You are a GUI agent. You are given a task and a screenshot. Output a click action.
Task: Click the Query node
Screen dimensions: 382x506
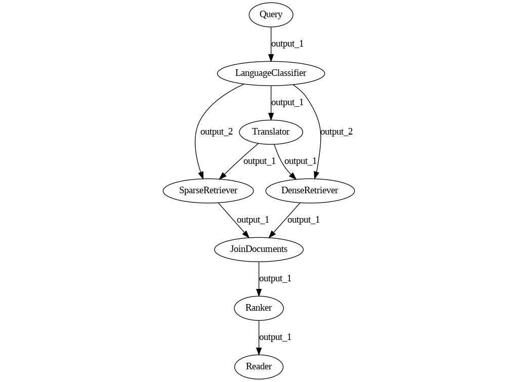[271, 15]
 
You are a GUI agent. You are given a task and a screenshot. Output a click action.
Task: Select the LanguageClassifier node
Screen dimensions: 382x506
[271, 73]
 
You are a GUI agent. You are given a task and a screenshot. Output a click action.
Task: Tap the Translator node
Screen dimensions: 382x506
[271, 132]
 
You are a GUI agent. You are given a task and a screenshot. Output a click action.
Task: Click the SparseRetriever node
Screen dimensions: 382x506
[208, 191]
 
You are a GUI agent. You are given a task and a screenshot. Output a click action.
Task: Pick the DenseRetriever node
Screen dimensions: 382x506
[310, 191]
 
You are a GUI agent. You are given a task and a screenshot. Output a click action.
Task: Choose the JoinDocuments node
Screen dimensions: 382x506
[259, 249]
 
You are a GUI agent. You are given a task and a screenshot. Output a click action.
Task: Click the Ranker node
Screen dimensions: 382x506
[259, 308]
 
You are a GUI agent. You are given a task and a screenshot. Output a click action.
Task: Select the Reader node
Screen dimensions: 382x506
[259, 367]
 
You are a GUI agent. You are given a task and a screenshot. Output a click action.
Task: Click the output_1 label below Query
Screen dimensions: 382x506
[287, 44]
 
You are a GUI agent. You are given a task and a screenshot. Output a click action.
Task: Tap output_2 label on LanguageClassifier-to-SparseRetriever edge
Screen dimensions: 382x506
[217, 132]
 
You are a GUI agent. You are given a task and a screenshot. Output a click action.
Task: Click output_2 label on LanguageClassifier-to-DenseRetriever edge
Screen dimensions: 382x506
[336, 132]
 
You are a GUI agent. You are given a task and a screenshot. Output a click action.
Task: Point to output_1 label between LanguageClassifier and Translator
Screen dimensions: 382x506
[287, 102]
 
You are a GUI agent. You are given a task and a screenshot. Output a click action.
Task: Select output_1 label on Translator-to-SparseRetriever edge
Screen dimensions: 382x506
[260, 161]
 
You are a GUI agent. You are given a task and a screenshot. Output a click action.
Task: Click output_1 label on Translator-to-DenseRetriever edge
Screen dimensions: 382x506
[301, 161]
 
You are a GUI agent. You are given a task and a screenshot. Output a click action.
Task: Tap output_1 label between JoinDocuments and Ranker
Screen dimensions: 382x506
[275, 278]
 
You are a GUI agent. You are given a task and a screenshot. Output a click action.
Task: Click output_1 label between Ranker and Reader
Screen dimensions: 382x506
[275, 337]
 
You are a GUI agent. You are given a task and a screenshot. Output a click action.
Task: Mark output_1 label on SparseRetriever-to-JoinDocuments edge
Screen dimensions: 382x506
[253, 220]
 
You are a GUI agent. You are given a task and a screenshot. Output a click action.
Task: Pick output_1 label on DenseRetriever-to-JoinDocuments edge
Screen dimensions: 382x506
[304, 220]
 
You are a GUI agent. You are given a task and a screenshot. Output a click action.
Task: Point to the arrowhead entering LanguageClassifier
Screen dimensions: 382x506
[271, 57]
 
